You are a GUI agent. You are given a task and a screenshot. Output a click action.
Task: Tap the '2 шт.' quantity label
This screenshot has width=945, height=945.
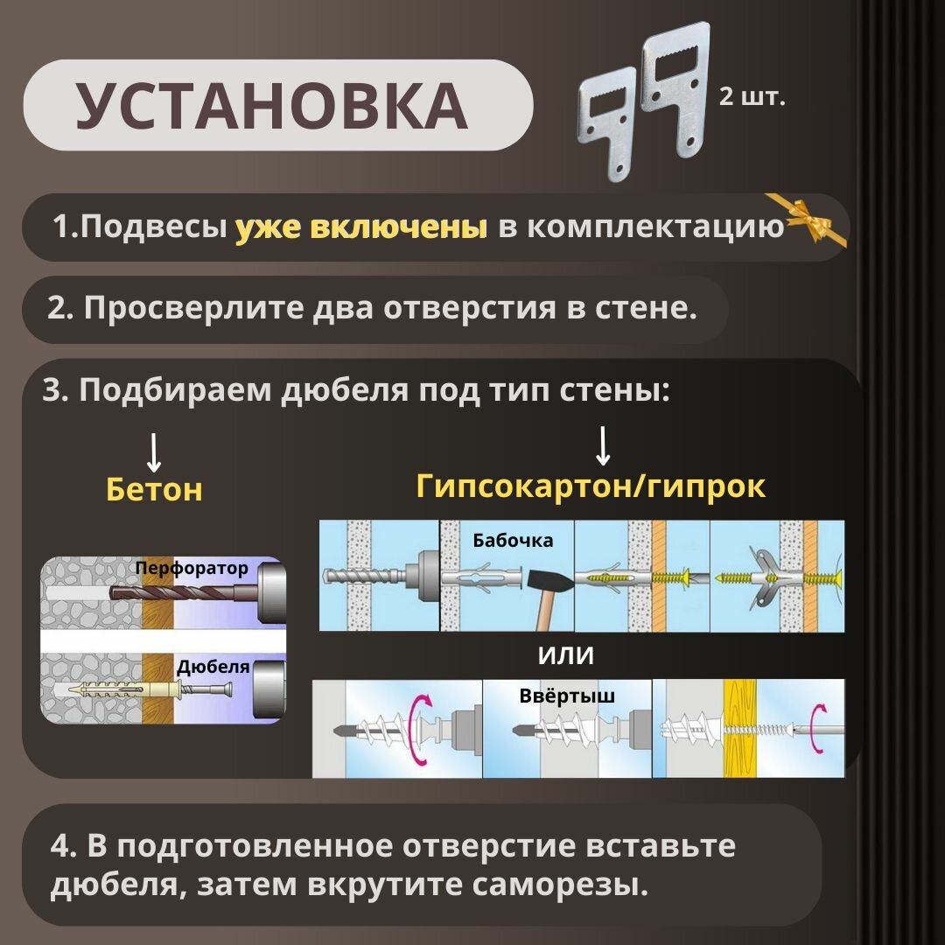point(752,95)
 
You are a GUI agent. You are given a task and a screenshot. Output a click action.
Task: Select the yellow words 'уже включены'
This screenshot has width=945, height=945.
point(361,227)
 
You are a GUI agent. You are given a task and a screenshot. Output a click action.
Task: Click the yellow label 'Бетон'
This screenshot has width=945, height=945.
point(154,489)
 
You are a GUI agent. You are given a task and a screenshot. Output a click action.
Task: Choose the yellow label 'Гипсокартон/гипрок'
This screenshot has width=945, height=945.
point(591,486)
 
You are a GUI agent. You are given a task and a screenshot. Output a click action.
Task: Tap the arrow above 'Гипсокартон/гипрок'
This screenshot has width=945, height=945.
point(602,446)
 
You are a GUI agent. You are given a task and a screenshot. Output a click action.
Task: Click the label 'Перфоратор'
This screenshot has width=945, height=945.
point(192,569)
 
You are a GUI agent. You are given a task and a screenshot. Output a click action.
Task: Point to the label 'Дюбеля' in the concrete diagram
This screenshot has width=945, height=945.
point(213,667)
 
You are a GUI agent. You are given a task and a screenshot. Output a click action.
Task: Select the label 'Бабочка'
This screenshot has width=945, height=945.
point(513,540)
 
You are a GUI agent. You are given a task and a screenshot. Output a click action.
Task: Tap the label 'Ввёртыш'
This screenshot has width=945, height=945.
point(566,696)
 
